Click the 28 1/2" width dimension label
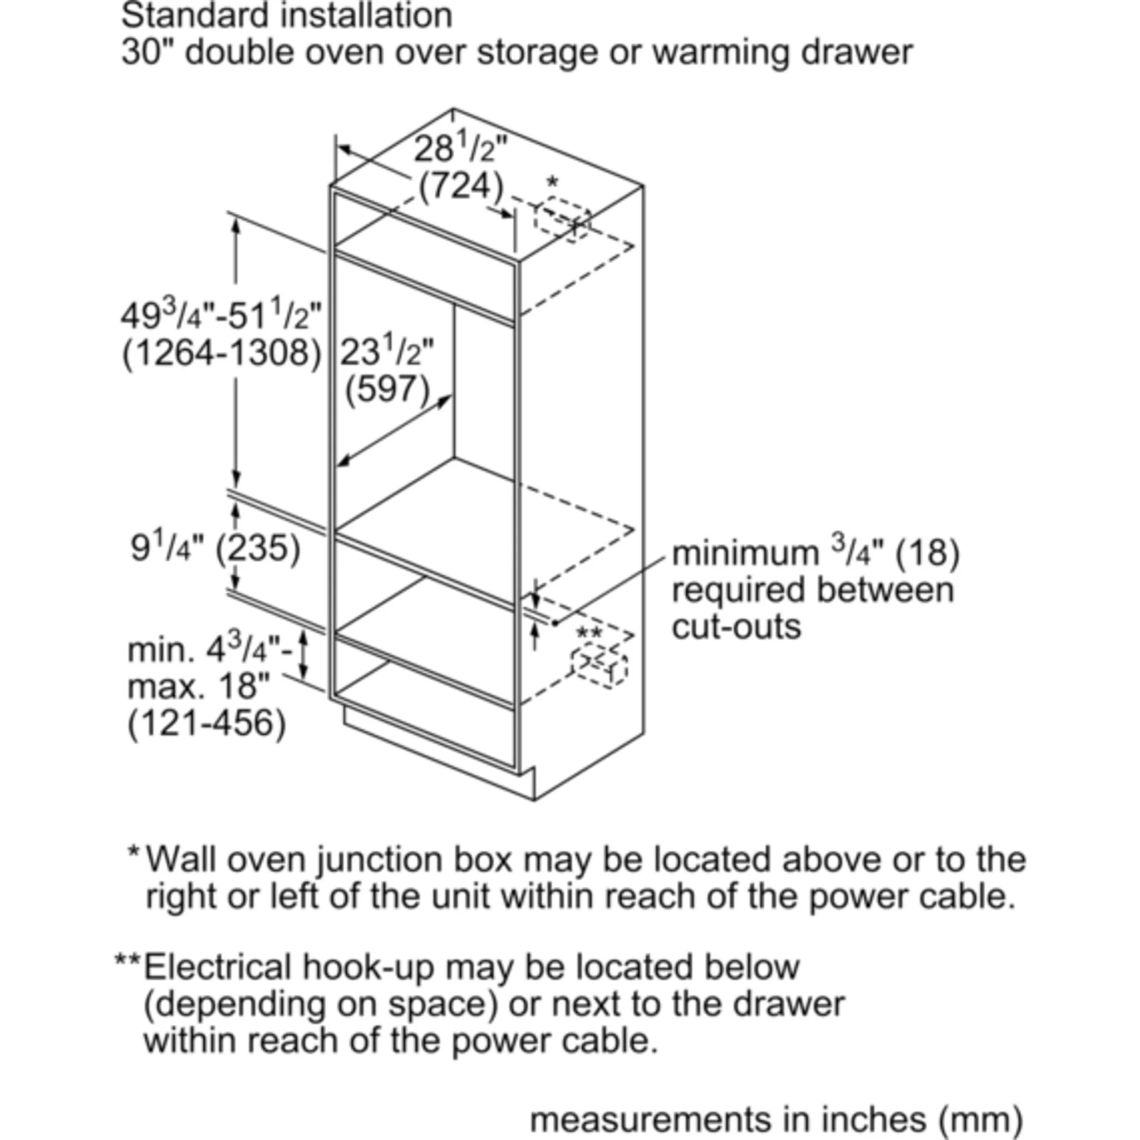click(460, 150)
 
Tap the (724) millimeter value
click(461, 186)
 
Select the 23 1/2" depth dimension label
click(386, 353)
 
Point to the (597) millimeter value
click(387, 390)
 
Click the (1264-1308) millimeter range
click(222, 353)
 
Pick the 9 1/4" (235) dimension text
click(215, 548)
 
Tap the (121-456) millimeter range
click(207, 723)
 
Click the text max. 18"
click(198, 686)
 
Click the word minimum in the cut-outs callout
click(745, 553)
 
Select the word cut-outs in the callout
click(736, 627)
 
